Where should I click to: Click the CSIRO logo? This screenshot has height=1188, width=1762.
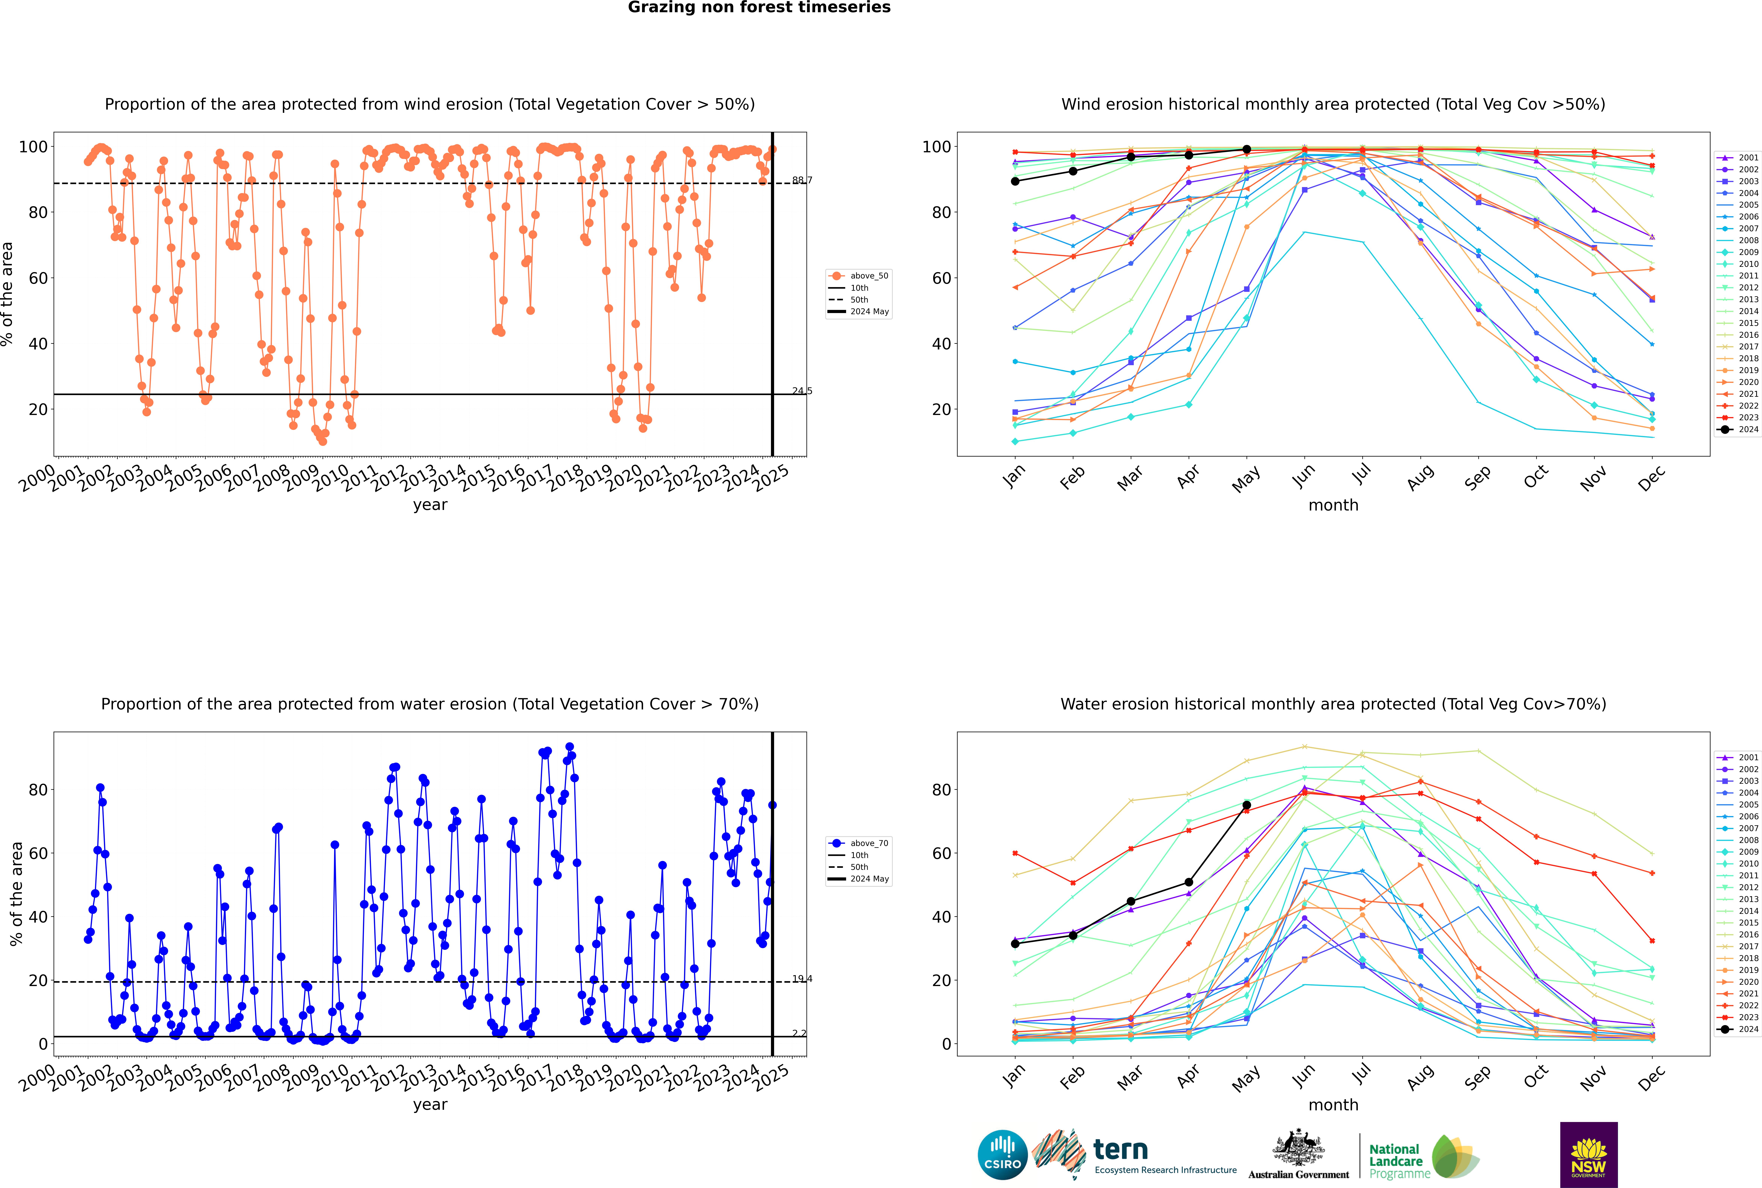click(1002, 1155)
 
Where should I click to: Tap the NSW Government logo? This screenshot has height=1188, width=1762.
click(1588, 1155)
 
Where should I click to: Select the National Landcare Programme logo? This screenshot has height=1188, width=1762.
click(1423, 1156)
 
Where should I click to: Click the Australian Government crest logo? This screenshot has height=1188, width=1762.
click(1298, 1155)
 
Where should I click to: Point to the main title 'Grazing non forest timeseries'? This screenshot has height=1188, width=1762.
click(759, 8)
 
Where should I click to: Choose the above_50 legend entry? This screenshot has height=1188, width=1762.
click(860, 276)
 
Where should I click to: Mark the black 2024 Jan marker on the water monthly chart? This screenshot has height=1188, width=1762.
click(1015, 943)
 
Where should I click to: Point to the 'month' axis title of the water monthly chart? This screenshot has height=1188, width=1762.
click(1333, 1105)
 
